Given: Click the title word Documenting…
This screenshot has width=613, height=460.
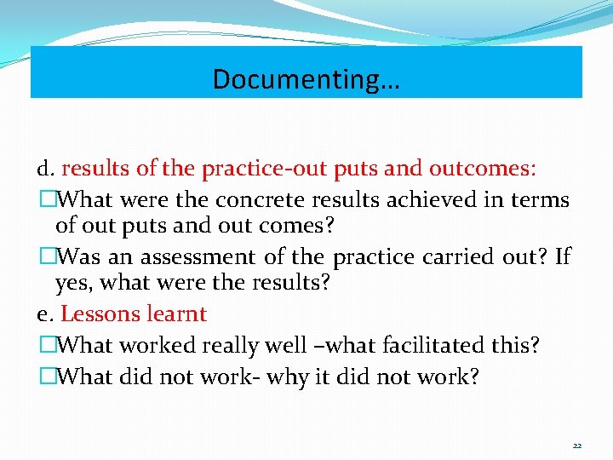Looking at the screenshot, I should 306,79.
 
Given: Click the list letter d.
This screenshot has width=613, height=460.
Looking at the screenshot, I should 45,169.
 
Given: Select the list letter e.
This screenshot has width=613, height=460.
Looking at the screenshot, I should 45,314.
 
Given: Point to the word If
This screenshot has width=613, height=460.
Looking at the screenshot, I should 563,256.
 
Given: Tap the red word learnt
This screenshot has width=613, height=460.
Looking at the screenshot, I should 176,314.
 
